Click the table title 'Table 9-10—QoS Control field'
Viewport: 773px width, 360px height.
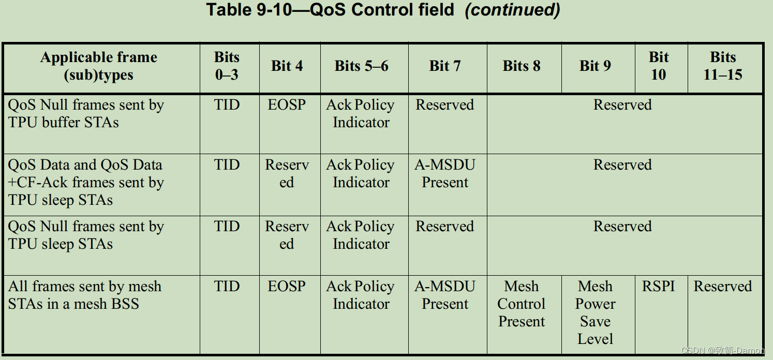click(x=330, y=10)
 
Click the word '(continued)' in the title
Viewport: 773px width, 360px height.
click(x=512, y=10)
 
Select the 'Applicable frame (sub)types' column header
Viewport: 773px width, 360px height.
click(x=98, y=66)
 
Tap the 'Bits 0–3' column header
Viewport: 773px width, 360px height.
click(x=227, y=66)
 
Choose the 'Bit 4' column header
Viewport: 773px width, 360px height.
click(x=287, y=66)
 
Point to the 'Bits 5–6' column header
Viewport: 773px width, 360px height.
click(x=361, y=66)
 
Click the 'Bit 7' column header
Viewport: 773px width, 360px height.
click(x=444, y=66)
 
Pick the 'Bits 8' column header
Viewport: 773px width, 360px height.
click(x=522, y=66)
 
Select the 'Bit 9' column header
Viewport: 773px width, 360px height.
click(x=595, y=66)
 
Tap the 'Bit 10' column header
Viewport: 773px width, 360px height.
click(x=659, y=66)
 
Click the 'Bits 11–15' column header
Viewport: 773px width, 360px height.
click(x=723, y=66)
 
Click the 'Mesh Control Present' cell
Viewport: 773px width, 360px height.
click(x=522, y=304)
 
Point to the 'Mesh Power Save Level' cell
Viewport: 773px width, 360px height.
click(x=596, y=312)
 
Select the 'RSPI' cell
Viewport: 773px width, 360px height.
click(x=659, y=287)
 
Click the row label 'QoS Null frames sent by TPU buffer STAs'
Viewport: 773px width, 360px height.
click(x=86, y=114)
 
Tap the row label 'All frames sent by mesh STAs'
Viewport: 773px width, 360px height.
click(x=84, y=295)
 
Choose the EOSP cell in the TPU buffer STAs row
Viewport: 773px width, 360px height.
click(x=287, y=105)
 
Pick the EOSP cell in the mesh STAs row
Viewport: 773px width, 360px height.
click(x=287, y=287)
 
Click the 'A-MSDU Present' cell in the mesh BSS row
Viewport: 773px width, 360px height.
click(x=445, y=295)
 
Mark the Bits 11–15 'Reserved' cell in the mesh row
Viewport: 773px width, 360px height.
click(x=723, y=287)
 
